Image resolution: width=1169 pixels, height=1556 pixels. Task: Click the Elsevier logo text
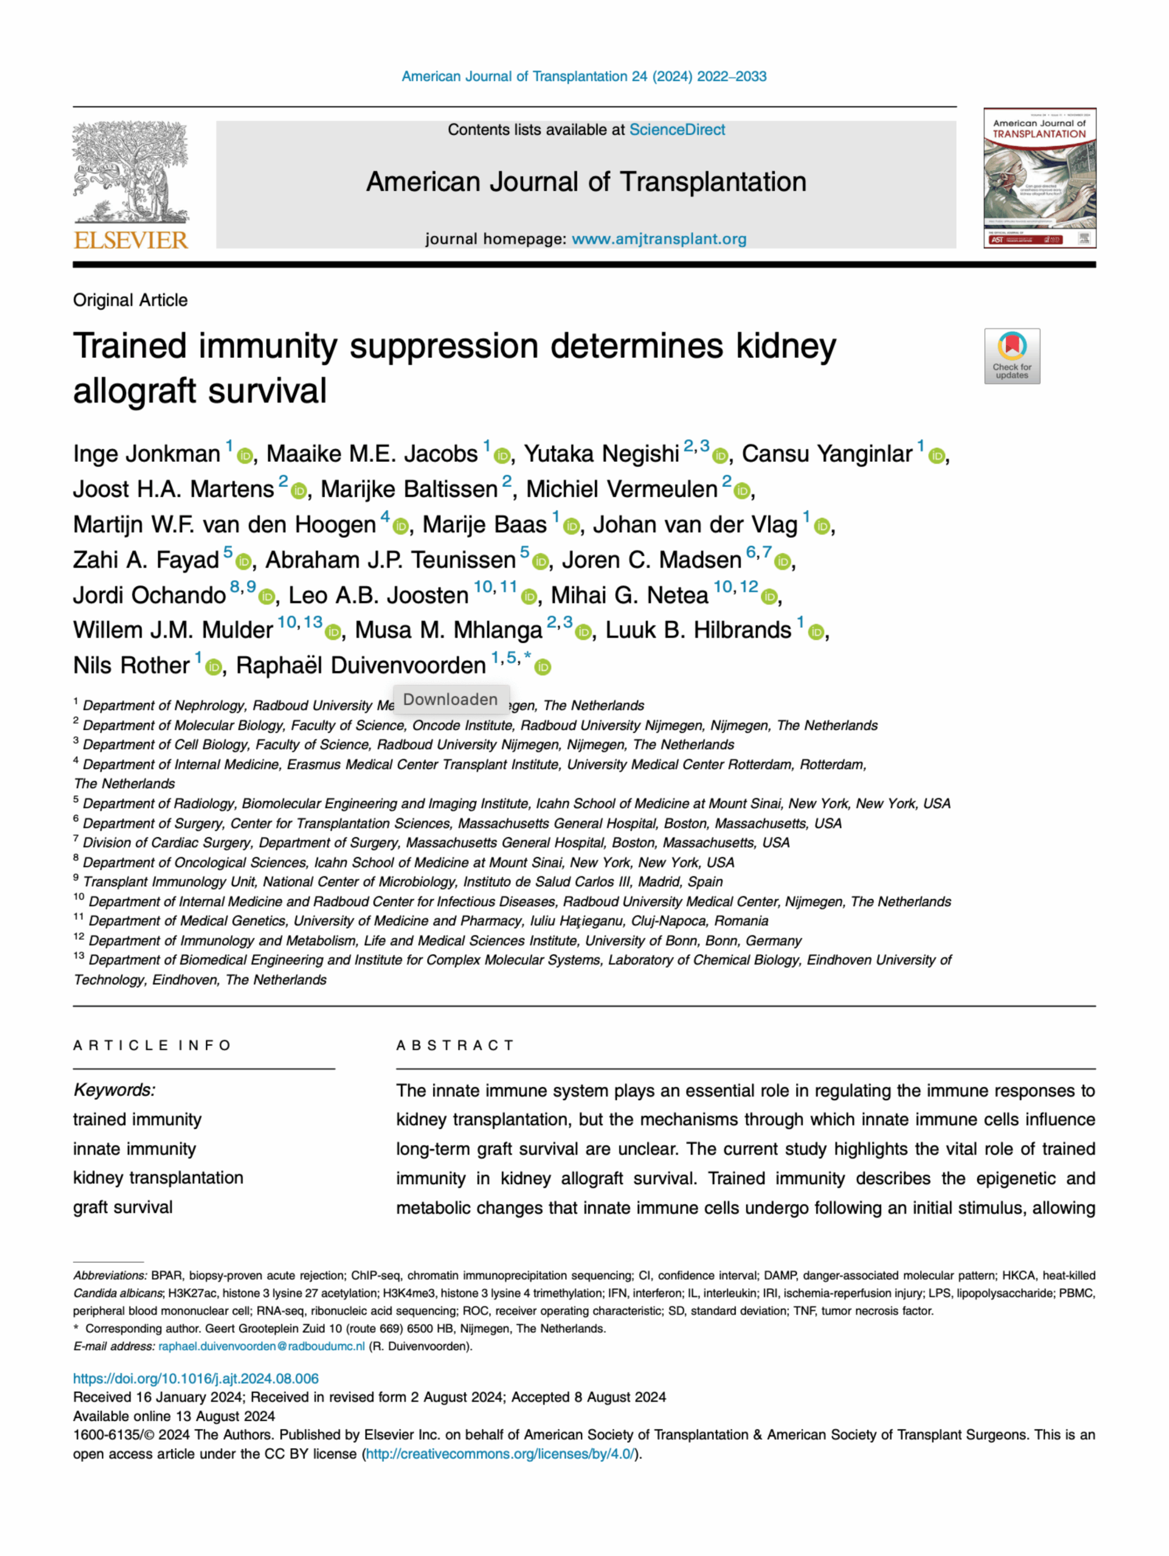(x=131, y=241)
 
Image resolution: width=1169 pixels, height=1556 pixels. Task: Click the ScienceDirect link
(x=676, y=130)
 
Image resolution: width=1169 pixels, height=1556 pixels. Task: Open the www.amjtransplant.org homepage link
(x=659, y=239)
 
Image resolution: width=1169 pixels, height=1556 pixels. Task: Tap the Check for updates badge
(x=1011, y=356)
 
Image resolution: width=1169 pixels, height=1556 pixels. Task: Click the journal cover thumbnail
(x=1039, y=178)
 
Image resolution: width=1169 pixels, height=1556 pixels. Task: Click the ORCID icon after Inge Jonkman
(x=245, y=456)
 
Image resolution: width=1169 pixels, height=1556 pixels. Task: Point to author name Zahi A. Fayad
(x=146, y=560)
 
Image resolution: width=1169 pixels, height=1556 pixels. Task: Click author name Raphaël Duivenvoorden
(x=360, y=666)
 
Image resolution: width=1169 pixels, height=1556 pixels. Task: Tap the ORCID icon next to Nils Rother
(x=213, y=667)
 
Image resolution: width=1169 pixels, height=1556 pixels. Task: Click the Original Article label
(x=130, y=300)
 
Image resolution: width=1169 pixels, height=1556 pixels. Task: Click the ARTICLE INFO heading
(x=151, y=1045)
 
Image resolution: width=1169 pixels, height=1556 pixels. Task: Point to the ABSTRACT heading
(x=455, y=1045)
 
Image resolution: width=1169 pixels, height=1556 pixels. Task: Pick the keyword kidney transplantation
(x=158, y=1177)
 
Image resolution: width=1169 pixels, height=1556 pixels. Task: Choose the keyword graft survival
(x=122, y=1207)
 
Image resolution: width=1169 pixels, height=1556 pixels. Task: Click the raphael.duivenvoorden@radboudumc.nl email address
(x=261, y=1346)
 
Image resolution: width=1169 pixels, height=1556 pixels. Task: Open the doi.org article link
(x=196, y=1379)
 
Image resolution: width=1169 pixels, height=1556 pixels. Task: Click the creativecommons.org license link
(x=500, y=1454)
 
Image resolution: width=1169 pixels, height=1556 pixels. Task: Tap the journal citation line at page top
(x=583, y=77)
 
